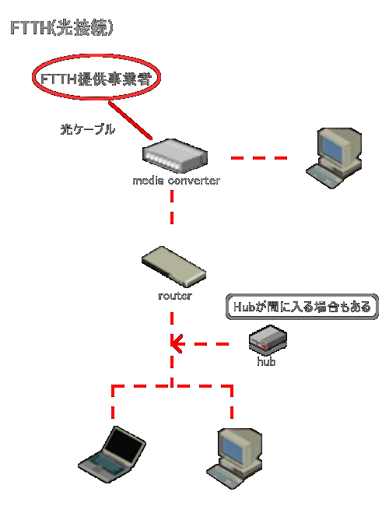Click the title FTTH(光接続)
pyautogui.click(x=61, y=28)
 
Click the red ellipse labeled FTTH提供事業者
pyautogui.click(x=96, y=55)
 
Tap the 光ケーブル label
pyautogui.click(x=87, y=129)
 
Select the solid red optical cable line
pyautogui.click(x=130, y=121)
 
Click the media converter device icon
pyautogui.click(x=175, y=156)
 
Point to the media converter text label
pyautogui.click(x=176, y=181)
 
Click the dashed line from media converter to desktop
pyautogui.click(x=259, y=158)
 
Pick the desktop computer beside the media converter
pyautogui.click(x=334, y=158)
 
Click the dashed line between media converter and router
pyautogui.click(x=172, y=207)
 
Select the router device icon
pyautogui.click(x=173, y=266)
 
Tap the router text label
pyautogui.click(x=175, y=296)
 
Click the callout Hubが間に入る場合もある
pyautogui.click(x=302, y=307)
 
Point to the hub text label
pyautogui.click(x=266, y=361)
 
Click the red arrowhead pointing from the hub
pyautogui.click(x=177, y=344)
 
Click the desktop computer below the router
pyautogui.click(x=234, y=459)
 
